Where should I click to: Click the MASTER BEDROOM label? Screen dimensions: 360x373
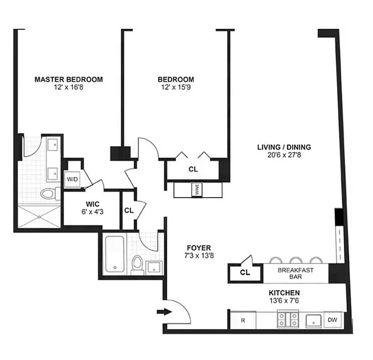pyautogui.click(x=68, y=80)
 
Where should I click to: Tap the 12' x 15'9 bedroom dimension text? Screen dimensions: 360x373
pyautogui.click(x=176, y=88)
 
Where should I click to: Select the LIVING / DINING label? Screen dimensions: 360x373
pyautogui.click(x=284, y=147)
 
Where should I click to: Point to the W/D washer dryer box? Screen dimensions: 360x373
pyautogui.click(x=72, y=179)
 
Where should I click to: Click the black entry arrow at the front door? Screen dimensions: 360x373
pyautogui.click(x=165, y=311)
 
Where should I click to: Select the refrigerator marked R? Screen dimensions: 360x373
pyautogui.click(x=243, y=321)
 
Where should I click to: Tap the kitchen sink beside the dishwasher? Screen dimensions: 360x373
pyautogui.click(x=312, y=320)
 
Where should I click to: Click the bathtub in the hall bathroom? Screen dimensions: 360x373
pyautogui.click(x=115, y=255)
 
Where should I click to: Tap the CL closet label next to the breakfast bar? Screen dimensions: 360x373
pyautogui.click(x=245, y=272)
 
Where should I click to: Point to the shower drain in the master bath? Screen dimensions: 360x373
pyautogui.click(x=39, y=216)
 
